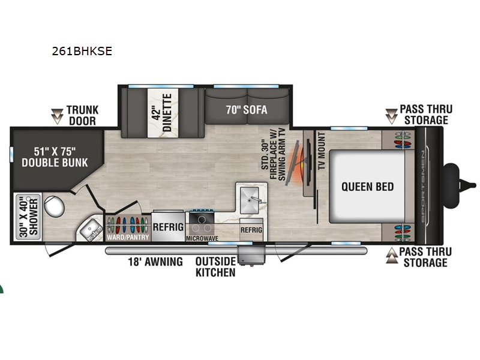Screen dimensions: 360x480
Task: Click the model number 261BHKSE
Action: (x=82, y=51)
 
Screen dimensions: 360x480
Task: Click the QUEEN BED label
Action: (x=368, y=187)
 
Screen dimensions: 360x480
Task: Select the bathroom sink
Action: (x=91, y=230)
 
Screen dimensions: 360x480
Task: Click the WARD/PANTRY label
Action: (x=127, y=236)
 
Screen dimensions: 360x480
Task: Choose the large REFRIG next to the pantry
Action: (x=168, y=227)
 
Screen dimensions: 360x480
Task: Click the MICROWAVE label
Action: (x=202, y=238)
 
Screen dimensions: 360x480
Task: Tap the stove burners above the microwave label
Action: (x=202, y=223)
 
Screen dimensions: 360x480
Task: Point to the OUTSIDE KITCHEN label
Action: (x=215, y=267)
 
